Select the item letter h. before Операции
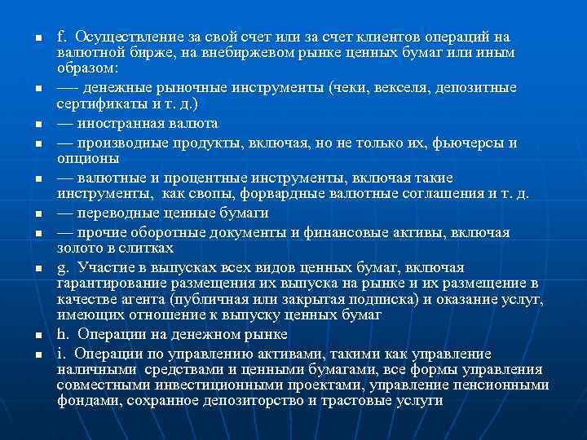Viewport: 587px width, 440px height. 63,334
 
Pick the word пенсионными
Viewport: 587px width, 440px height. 500,385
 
